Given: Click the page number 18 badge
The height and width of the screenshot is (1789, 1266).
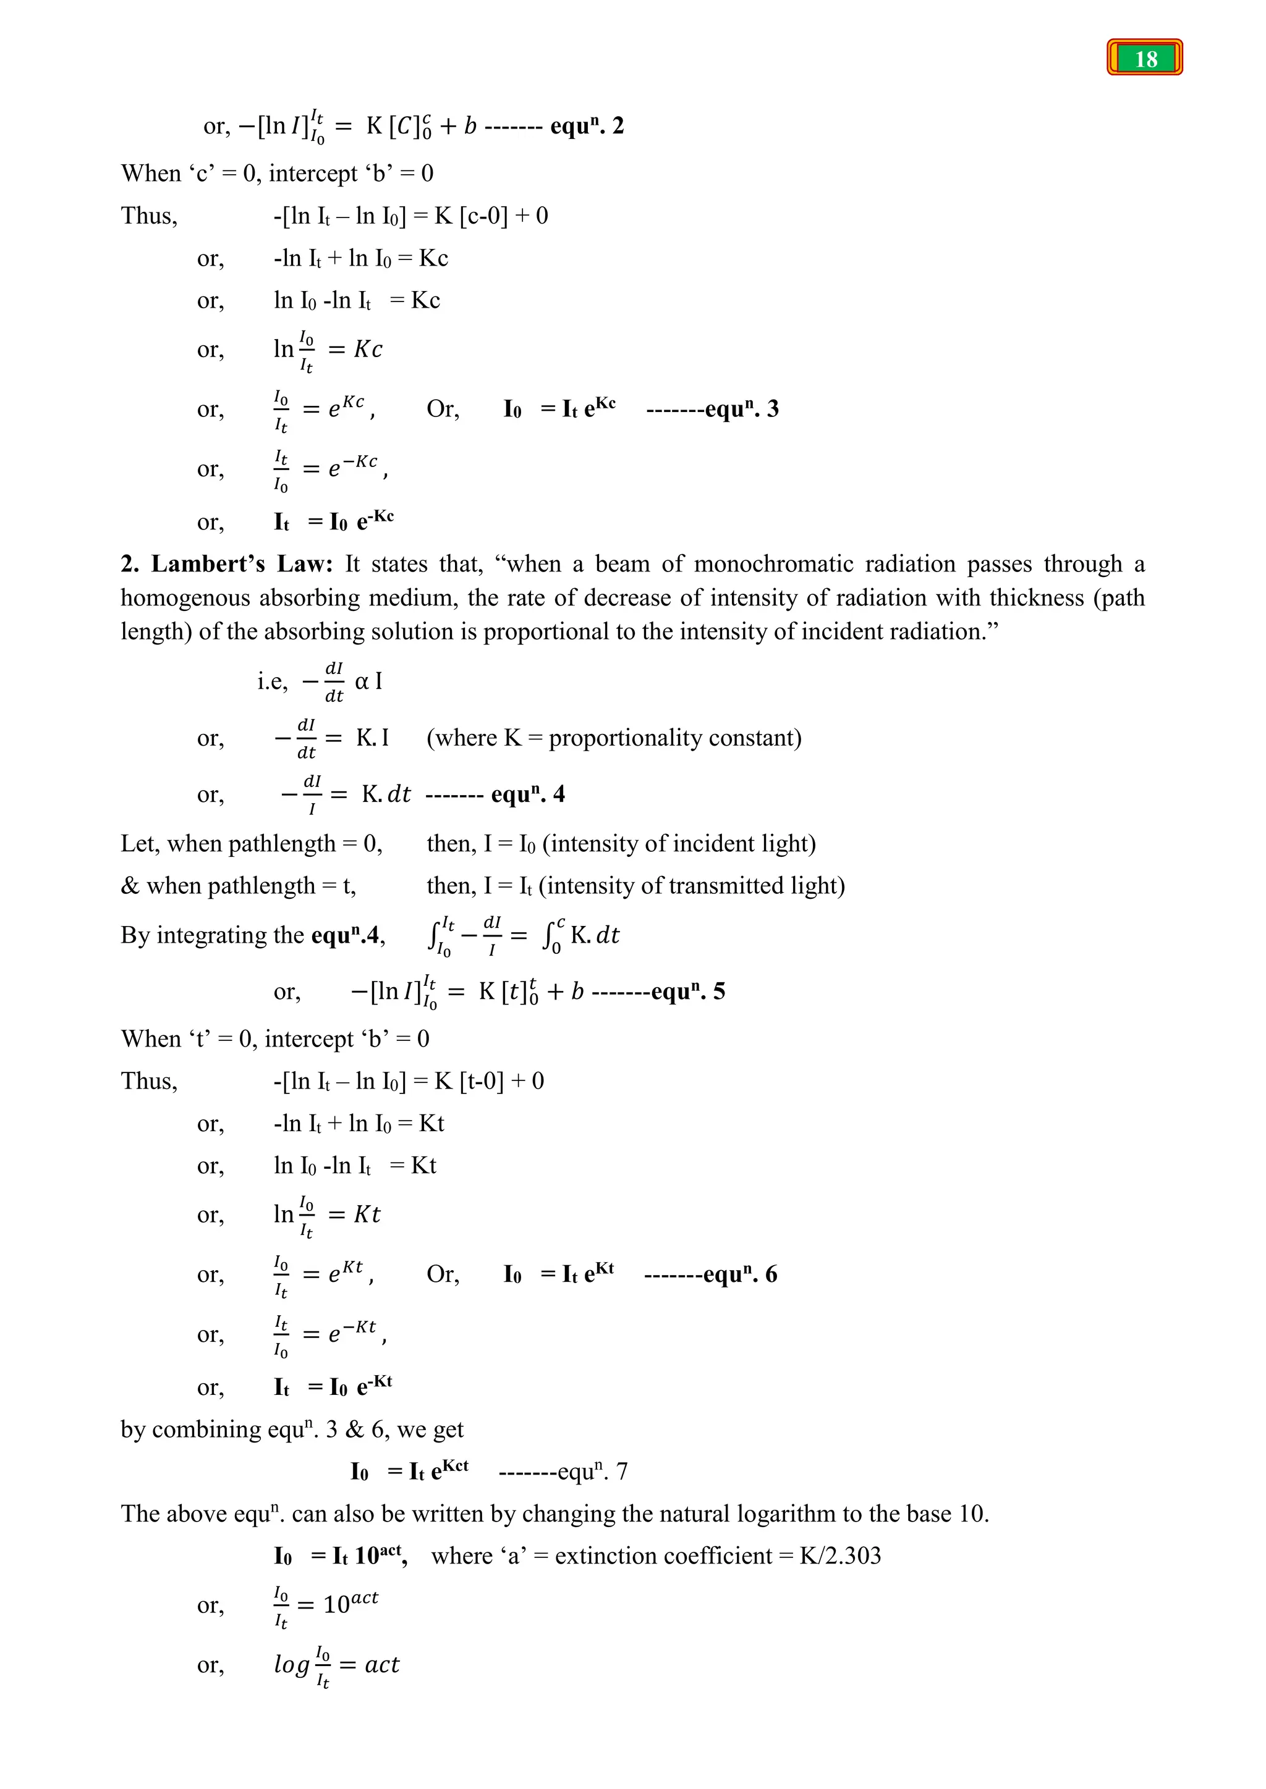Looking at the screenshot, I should pos(1144,57).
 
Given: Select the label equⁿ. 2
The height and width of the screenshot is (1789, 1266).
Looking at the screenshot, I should pos(586,125).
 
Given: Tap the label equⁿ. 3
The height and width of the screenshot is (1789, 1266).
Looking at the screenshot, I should pos(741,408).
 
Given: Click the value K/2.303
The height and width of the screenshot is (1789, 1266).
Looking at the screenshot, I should pos(839,1555).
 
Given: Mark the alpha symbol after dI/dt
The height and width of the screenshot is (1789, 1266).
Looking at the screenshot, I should pos(362,682).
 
